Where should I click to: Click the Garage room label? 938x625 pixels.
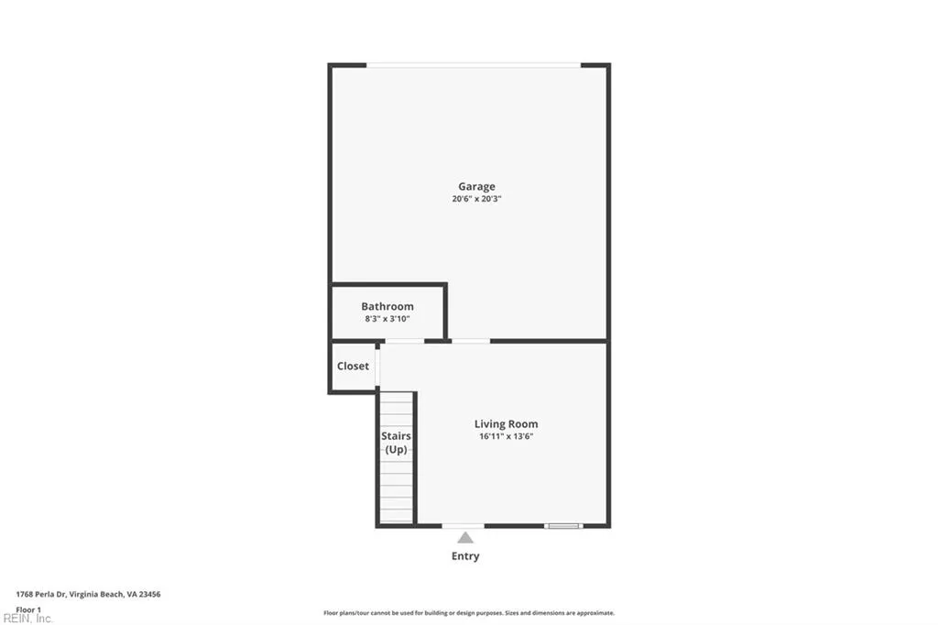click(x=476, y=186)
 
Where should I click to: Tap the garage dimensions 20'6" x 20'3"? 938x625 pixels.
click(x=476, y=199)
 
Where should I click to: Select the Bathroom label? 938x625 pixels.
click(x=387, y=306)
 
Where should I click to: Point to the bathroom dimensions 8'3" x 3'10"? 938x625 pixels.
click(x=387, y=319)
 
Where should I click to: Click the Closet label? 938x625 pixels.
click(x=353, y=366)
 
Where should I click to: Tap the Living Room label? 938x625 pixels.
click(x=506, y=423)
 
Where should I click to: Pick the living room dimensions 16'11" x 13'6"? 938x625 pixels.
click(x=506, y=436)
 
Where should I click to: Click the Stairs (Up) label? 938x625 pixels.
click(x=396, y=443)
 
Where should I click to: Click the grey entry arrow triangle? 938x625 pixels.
click(x=465, y=537)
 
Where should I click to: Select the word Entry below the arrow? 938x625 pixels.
click(x=465, y=556)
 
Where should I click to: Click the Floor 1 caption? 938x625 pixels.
click(x=28, y=609)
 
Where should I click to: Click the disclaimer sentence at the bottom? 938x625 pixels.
click(x=468, y=613)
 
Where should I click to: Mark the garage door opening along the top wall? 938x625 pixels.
click(x=473, y=65)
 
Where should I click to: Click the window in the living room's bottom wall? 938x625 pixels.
click(x=562, y=526)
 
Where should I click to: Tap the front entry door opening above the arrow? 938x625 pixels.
click(x=463, y=526)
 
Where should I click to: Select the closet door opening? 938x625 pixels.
click(x=377, y=366)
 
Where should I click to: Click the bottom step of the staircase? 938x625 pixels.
click(x=397, y=516)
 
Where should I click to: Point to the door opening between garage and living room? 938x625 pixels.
click(x=471, y=341)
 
